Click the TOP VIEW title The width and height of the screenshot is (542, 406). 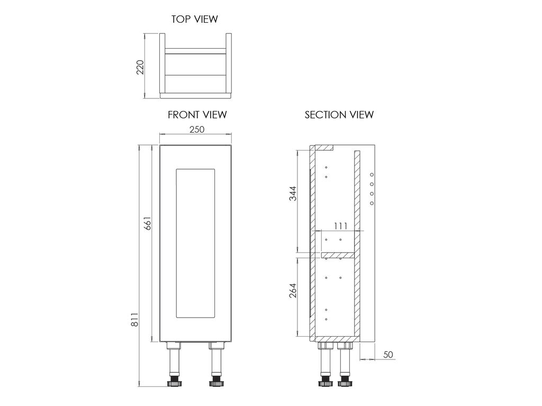tap(195, 19)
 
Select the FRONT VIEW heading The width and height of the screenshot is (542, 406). tap(197, 115)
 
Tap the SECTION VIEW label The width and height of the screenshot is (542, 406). tap(339, 115)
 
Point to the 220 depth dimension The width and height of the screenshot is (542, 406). tap(140, 67)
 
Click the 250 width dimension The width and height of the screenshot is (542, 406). tap(197, 130)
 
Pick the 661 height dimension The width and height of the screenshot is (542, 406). tap(148, 224)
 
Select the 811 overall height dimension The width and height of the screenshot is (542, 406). tap(134, 319)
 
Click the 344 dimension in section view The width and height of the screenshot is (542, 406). tap(293, 193)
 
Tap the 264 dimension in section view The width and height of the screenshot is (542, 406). tap(293, 290)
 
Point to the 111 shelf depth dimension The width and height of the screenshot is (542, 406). tap(340, 226)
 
